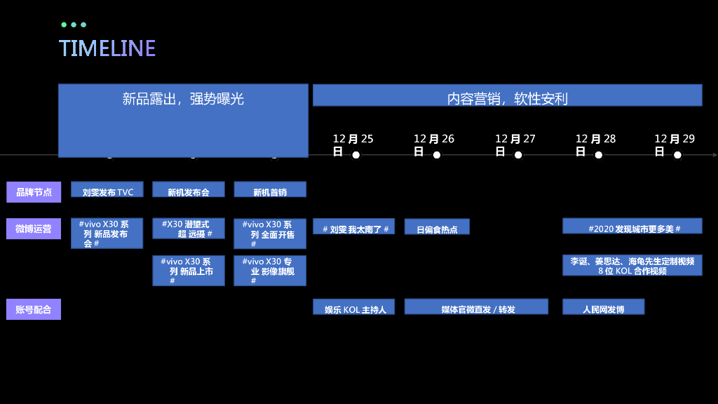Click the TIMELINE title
[107, 48]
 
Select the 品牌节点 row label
[34, 191]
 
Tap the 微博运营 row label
[34, 229]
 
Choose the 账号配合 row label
[34, 309]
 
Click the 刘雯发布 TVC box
[107, 189]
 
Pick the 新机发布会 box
[189, 189]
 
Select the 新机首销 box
[270, 189]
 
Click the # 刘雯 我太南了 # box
[354, 227]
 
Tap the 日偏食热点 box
[437, 227]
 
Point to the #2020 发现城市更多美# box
[632, 226]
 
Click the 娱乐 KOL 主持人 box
[354, 307]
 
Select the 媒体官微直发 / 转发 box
[476, 307]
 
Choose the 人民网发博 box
[603, 307]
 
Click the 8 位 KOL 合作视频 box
[632, 265]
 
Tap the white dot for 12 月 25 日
[355, 155]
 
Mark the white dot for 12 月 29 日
[677, 155]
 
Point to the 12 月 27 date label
[515, 139]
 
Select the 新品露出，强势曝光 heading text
[183, 99]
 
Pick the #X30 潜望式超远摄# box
[189, 229]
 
